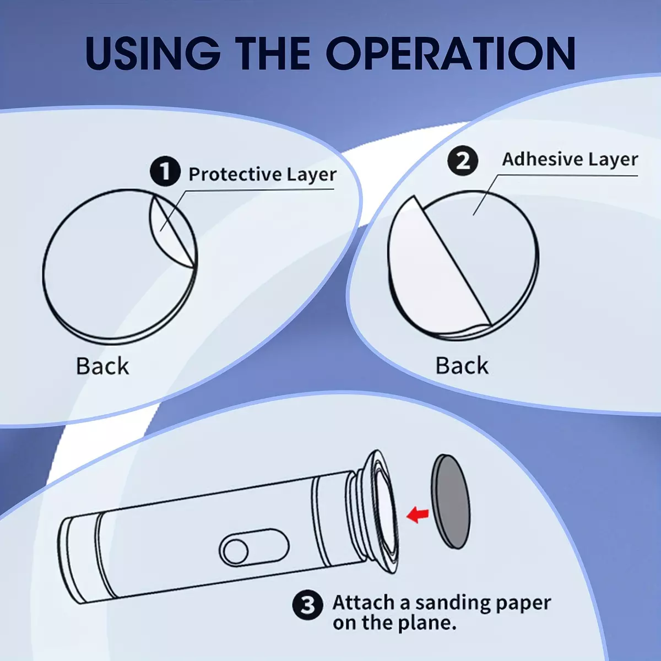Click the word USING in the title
click(x=153, y=53)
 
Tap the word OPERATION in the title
click(x=451, y=53)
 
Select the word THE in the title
click(x=273, y=53)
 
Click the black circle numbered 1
click(x=165, y=171)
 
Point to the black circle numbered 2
click(x=463, y=161)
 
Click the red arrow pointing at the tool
click(x=418, y=514)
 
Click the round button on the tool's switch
click(x=236, y=551)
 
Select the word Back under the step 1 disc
click(x=102, y=366)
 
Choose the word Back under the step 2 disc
click(x=462, y=365)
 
